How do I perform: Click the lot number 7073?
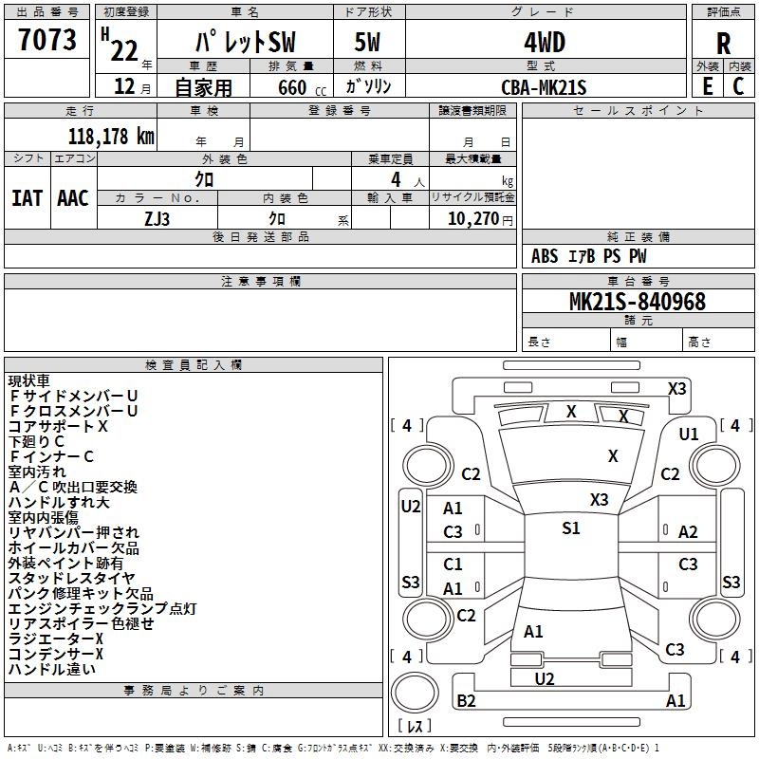[47, 40]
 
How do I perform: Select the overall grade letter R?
[723, 44]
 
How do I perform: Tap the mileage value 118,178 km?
[111, 137]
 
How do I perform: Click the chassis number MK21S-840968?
[638, 302]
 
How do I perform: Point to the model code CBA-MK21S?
[544, 87]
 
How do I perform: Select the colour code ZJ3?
[157, 219]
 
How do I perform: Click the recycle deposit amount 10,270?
[473, 218]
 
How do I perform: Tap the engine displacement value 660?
[292, 87]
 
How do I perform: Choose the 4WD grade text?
[545, 43]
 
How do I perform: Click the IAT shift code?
[27, 198]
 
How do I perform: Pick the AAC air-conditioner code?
[73, 198]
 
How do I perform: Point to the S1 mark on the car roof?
[571, 528]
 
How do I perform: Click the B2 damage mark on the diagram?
[466, 700]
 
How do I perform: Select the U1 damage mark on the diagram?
[689, 435]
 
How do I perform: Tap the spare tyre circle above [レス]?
[415, 693]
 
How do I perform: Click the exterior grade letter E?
[708, 86]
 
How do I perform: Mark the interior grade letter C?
[738, 86]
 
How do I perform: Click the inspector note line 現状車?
[29, 380]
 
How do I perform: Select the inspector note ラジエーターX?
[56, 639]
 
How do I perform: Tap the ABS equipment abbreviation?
[545, 256]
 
